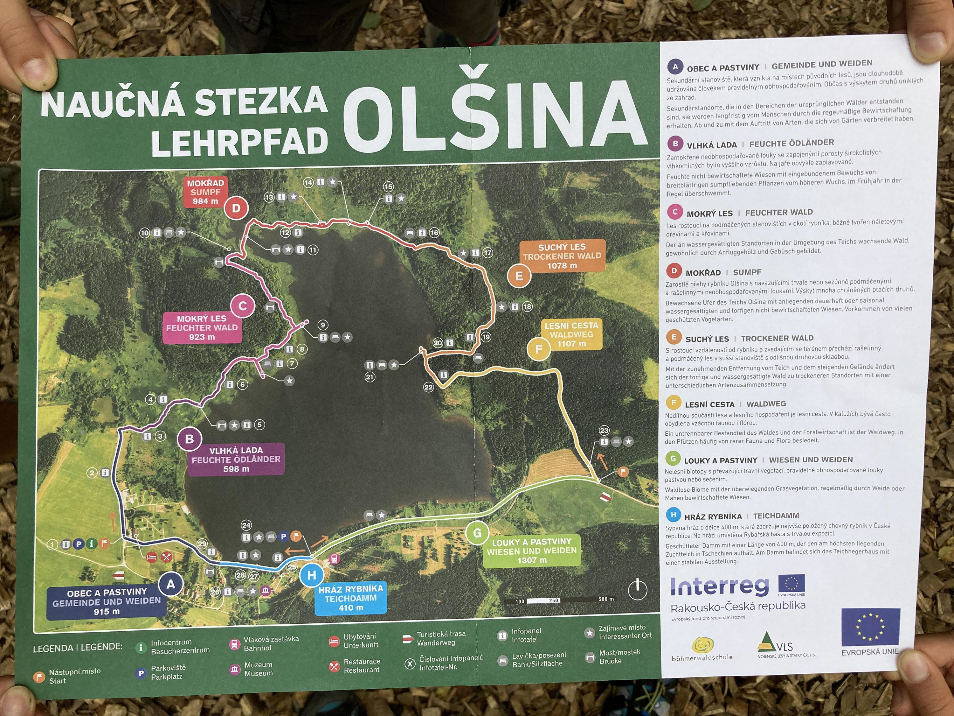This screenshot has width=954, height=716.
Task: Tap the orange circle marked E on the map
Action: click(519, 276)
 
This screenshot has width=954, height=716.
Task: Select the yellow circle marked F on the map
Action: click(539, 349)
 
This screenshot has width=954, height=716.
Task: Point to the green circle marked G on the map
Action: click(477, 533)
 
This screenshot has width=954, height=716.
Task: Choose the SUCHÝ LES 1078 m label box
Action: click(562, 256)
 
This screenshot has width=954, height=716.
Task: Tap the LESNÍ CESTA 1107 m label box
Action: click(571, 334)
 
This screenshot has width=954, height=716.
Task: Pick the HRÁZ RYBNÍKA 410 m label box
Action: click(351, 598)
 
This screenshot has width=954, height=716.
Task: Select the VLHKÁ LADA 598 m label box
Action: click(236, 459)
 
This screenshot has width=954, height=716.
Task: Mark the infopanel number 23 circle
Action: click(604, 430)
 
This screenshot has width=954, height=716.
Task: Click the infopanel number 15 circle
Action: click(389, 187)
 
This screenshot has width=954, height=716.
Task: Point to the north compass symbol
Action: click(638, 590)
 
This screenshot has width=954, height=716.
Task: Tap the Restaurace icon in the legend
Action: click(334, 666)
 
